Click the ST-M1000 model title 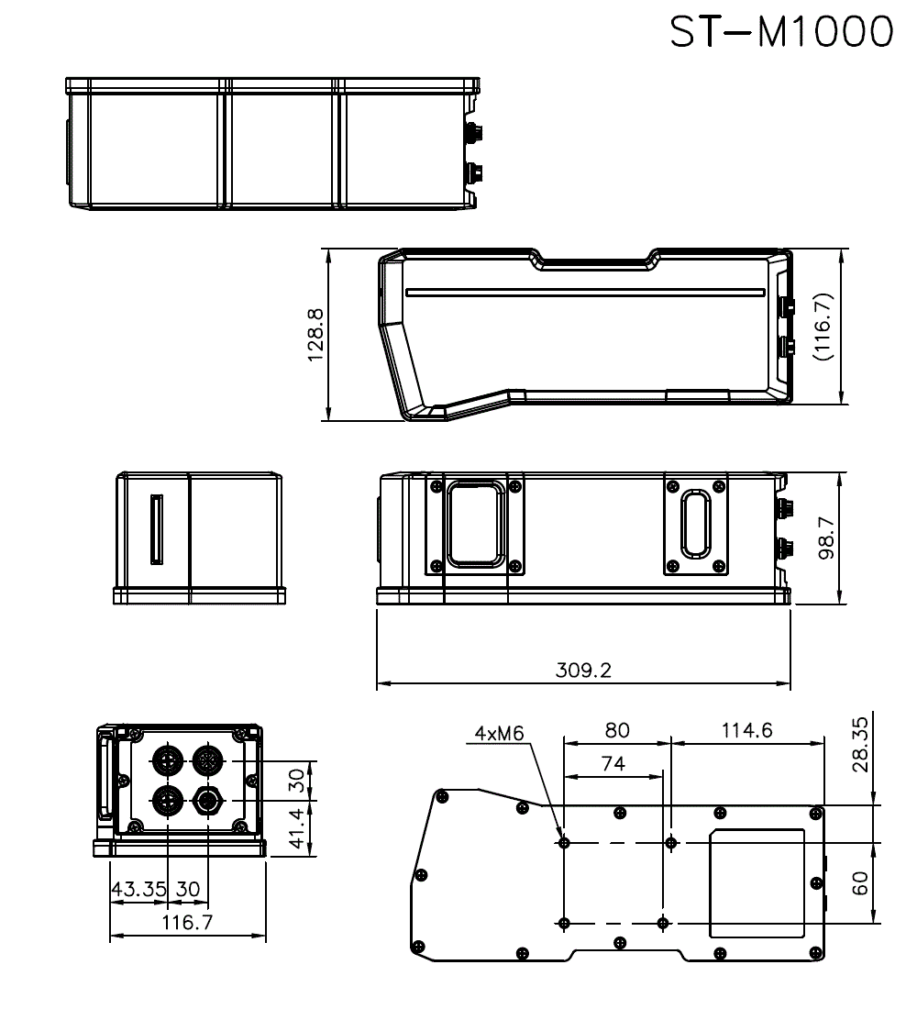781,31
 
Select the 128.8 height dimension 315,335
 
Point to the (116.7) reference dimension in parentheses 823,327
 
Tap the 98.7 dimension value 826,538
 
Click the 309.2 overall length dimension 583,670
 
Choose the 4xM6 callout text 500,733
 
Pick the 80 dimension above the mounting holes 617,730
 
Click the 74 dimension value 613,763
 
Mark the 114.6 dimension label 746,730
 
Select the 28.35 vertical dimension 860,744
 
